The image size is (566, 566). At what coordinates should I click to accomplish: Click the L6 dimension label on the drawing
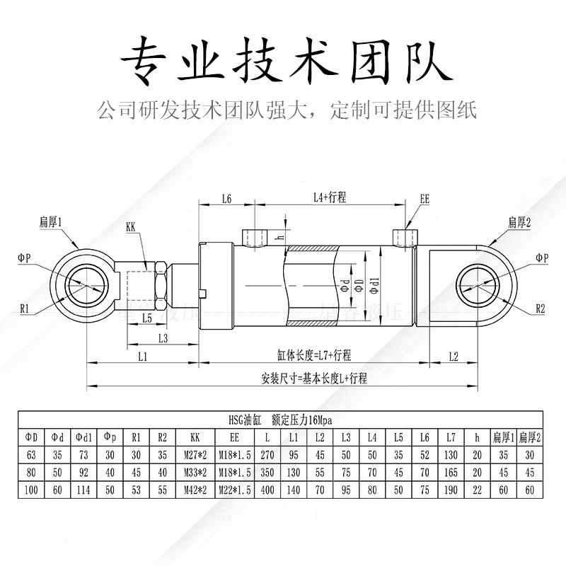tap(226, 200)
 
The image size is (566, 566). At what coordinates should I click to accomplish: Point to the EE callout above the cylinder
tap(424, 200)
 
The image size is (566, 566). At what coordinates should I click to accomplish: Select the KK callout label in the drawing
tap(131, 228)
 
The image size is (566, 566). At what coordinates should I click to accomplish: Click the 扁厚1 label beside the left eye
tap(51, 222)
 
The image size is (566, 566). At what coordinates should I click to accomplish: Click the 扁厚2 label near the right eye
tap(519, 222)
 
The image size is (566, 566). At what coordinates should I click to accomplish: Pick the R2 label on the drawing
tap(541, 309)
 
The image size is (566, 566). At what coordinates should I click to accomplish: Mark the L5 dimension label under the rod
tap(146, 318)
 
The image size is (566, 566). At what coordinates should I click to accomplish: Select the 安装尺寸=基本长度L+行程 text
tap(313, 379)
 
